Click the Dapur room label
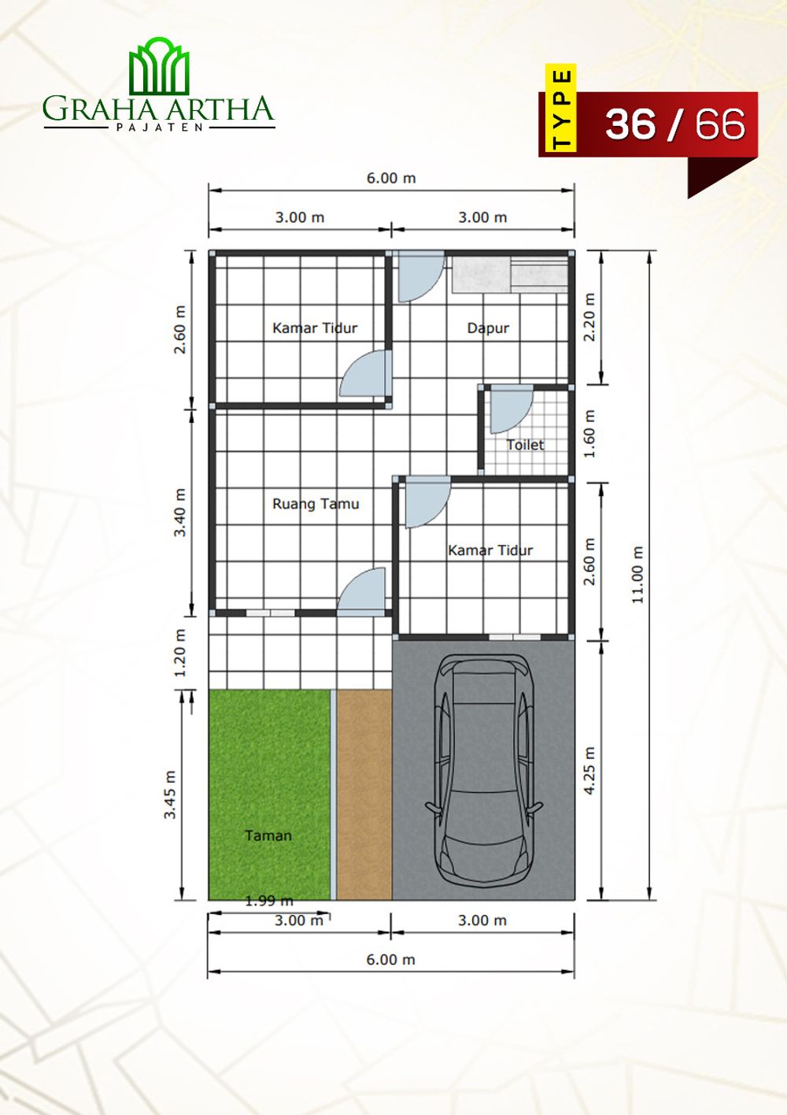(488, 328)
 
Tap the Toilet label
(525, 445)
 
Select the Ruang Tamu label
(316, 504)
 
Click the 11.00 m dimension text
(637, 575)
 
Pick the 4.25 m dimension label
(589, 771)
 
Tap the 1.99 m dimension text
(269, 901)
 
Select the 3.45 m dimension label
(171, 795)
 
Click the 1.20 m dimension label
(180, 653)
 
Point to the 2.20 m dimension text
(589, 317)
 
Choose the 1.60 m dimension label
(589, 434)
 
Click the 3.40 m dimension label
(180, 512)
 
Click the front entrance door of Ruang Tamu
(362, 592)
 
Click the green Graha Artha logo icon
(159, 66)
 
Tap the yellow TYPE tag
(560, 108)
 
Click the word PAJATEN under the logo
(159, 127)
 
